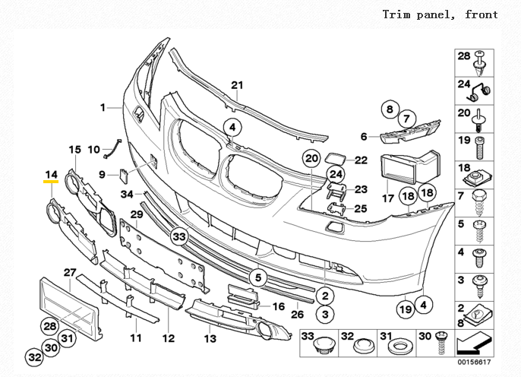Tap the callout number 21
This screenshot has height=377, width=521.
tap(235, 84)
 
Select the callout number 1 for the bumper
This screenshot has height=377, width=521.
tap(103, 108)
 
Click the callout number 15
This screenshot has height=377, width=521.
tap(75, 149)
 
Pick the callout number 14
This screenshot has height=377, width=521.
tap(51, 174)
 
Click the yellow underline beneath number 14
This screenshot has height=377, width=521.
tap(51, 183)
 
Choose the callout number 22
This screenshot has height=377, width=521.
tap(361, 160)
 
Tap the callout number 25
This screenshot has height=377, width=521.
tap(361, 208)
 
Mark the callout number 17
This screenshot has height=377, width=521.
tap(388, 198)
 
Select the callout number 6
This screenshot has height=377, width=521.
tap(364, 137)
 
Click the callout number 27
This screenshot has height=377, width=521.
tap(69, 272)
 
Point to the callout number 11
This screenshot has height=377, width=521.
tap(135, 337)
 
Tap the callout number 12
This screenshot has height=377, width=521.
tap(169, 337)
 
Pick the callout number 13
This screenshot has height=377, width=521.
tap(210, 337)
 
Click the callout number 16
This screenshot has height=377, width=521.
tap(278, 306)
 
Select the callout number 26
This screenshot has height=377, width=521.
tap(298, 313)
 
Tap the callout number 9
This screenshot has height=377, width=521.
tap(102, 175)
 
